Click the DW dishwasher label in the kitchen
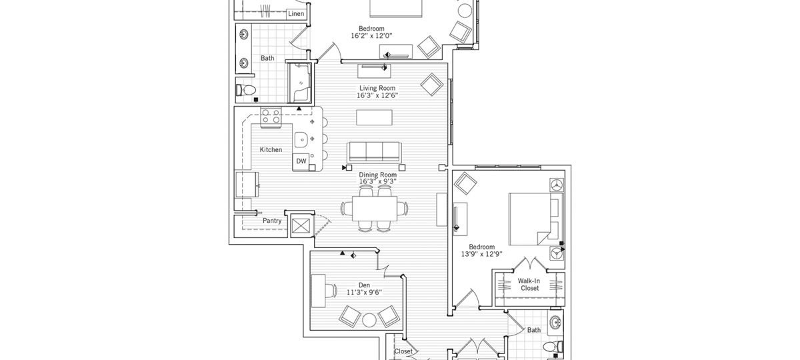click(301, 161)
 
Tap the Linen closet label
click(296, 14)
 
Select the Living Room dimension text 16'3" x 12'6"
click(377, 95)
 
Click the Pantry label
click(272, 221)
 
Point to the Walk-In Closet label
click(529, 285)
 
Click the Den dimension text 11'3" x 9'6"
click(364, 293)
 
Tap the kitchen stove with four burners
click(271, 117)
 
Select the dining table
click(374, 209)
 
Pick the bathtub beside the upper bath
click(301, 82)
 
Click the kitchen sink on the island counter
click(301, 139)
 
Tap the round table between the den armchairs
click(369, 319)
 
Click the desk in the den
click(319, 291)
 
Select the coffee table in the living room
click(374, 117)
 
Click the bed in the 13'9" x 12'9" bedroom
click(536, 219)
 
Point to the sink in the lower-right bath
click(555, 323)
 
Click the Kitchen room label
click(271, 149)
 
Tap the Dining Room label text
click(377, 175)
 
